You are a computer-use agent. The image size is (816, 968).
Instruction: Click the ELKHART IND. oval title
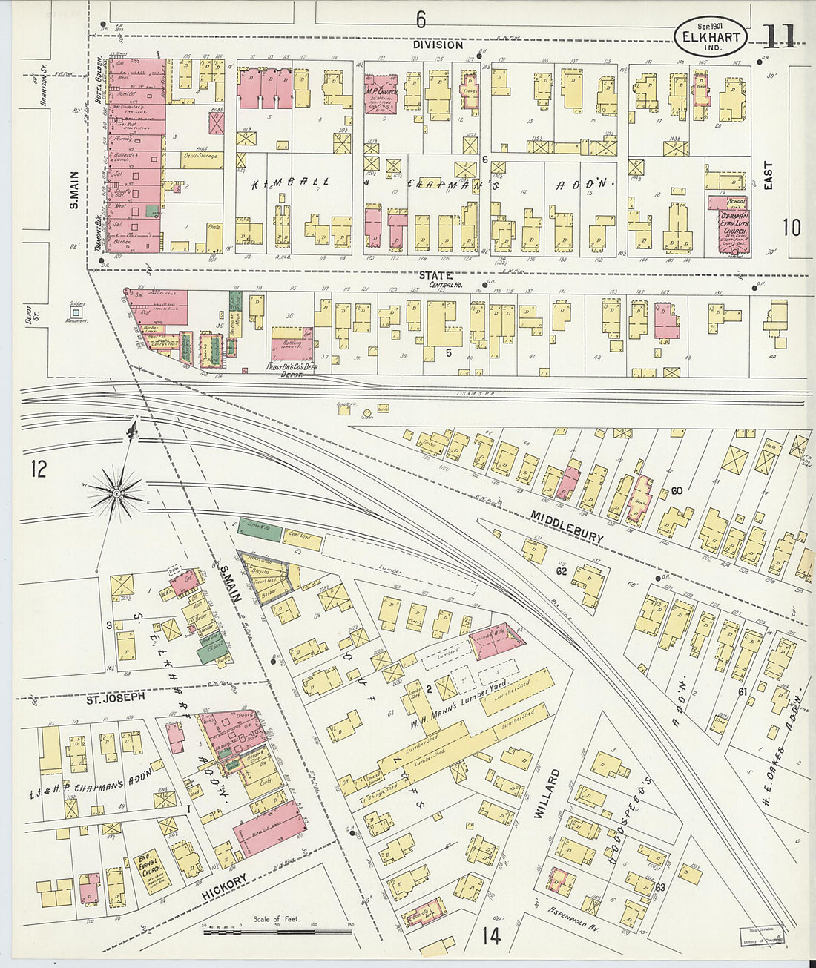coord(710,35)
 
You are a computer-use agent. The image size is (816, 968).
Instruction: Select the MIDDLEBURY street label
coord(568,527)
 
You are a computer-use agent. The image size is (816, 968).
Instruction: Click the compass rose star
coord(116,493)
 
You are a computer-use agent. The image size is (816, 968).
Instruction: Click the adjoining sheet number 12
coord(39,469)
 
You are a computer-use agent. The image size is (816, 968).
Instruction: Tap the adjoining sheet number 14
coord(490,936)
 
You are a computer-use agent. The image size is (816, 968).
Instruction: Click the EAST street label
coord(768,176)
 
